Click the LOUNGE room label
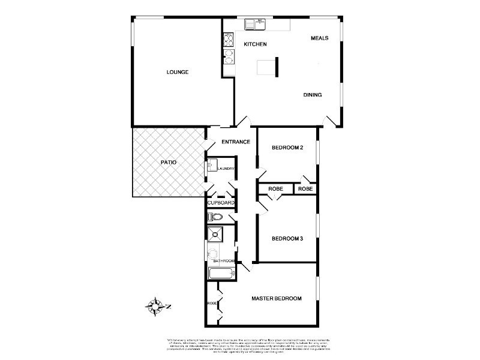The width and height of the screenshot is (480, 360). [x=178, y=72]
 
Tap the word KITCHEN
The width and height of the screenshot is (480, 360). [x=255, y=45]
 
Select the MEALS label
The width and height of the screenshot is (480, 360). [x=319, y=38]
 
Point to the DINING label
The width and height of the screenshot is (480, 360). [x=313, y=95]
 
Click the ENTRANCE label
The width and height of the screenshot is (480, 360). [x=236, y=142]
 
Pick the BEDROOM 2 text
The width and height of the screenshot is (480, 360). [x=286, y=148]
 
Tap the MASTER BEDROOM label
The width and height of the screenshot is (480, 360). [x=277, y=298]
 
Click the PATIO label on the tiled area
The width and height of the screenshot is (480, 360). [x=168, y=162]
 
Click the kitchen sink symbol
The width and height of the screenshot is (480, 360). [x=255, y=24]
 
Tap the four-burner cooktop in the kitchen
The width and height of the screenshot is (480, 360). [x=229, y=40]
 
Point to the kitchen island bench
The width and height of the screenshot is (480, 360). [x=266, y=68]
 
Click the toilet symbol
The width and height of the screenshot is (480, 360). [x=215, y=217]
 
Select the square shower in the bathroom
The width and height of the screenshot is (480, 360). [x=216, y=235]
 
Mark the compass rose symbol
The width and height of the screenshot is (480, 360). [x=155, y=307]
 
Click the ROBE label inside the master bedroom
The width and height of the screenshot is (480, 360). [x=212, y=304]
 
